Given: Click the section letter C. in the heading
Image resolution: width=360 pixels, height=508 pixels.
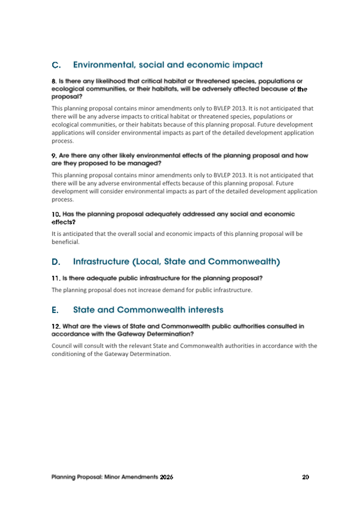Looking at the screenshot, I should click(56, 66).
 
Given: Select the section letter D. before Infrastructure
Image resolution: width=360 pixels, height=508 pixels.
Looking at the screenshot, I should click(56, 262).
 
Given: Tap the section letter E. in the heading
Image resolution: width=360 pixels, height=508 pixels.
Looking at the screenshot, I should click(55, 310).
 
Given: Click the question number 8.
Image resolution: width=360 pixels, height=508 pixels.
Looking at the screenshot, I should click(54, 81).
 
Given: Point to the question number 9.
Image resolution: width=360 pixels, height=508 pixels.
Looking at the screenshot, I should click(54, 156).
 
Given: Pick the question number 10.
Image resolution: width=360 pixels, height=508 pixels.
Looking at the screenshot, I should click(56, 214).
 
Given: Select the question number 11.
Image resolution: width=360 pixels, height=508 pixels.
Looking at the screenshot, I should click(55, 278).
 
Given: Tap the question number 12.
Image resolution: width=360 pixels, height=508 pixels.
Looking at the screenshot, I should click(56, 326).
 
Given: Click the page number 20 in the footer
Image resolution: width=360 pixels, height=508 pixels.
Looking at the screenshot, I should click(305, 477).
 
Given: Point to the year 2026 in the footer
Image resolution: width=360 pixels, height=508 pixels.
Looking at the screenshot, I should click(166, 477).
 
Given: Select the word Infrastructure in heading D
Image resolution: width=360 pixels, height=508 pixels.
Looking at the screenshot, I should click(104, 262).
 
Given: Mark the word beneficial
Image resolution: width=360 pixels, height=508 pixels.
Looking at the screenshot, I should click(65, 241).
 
